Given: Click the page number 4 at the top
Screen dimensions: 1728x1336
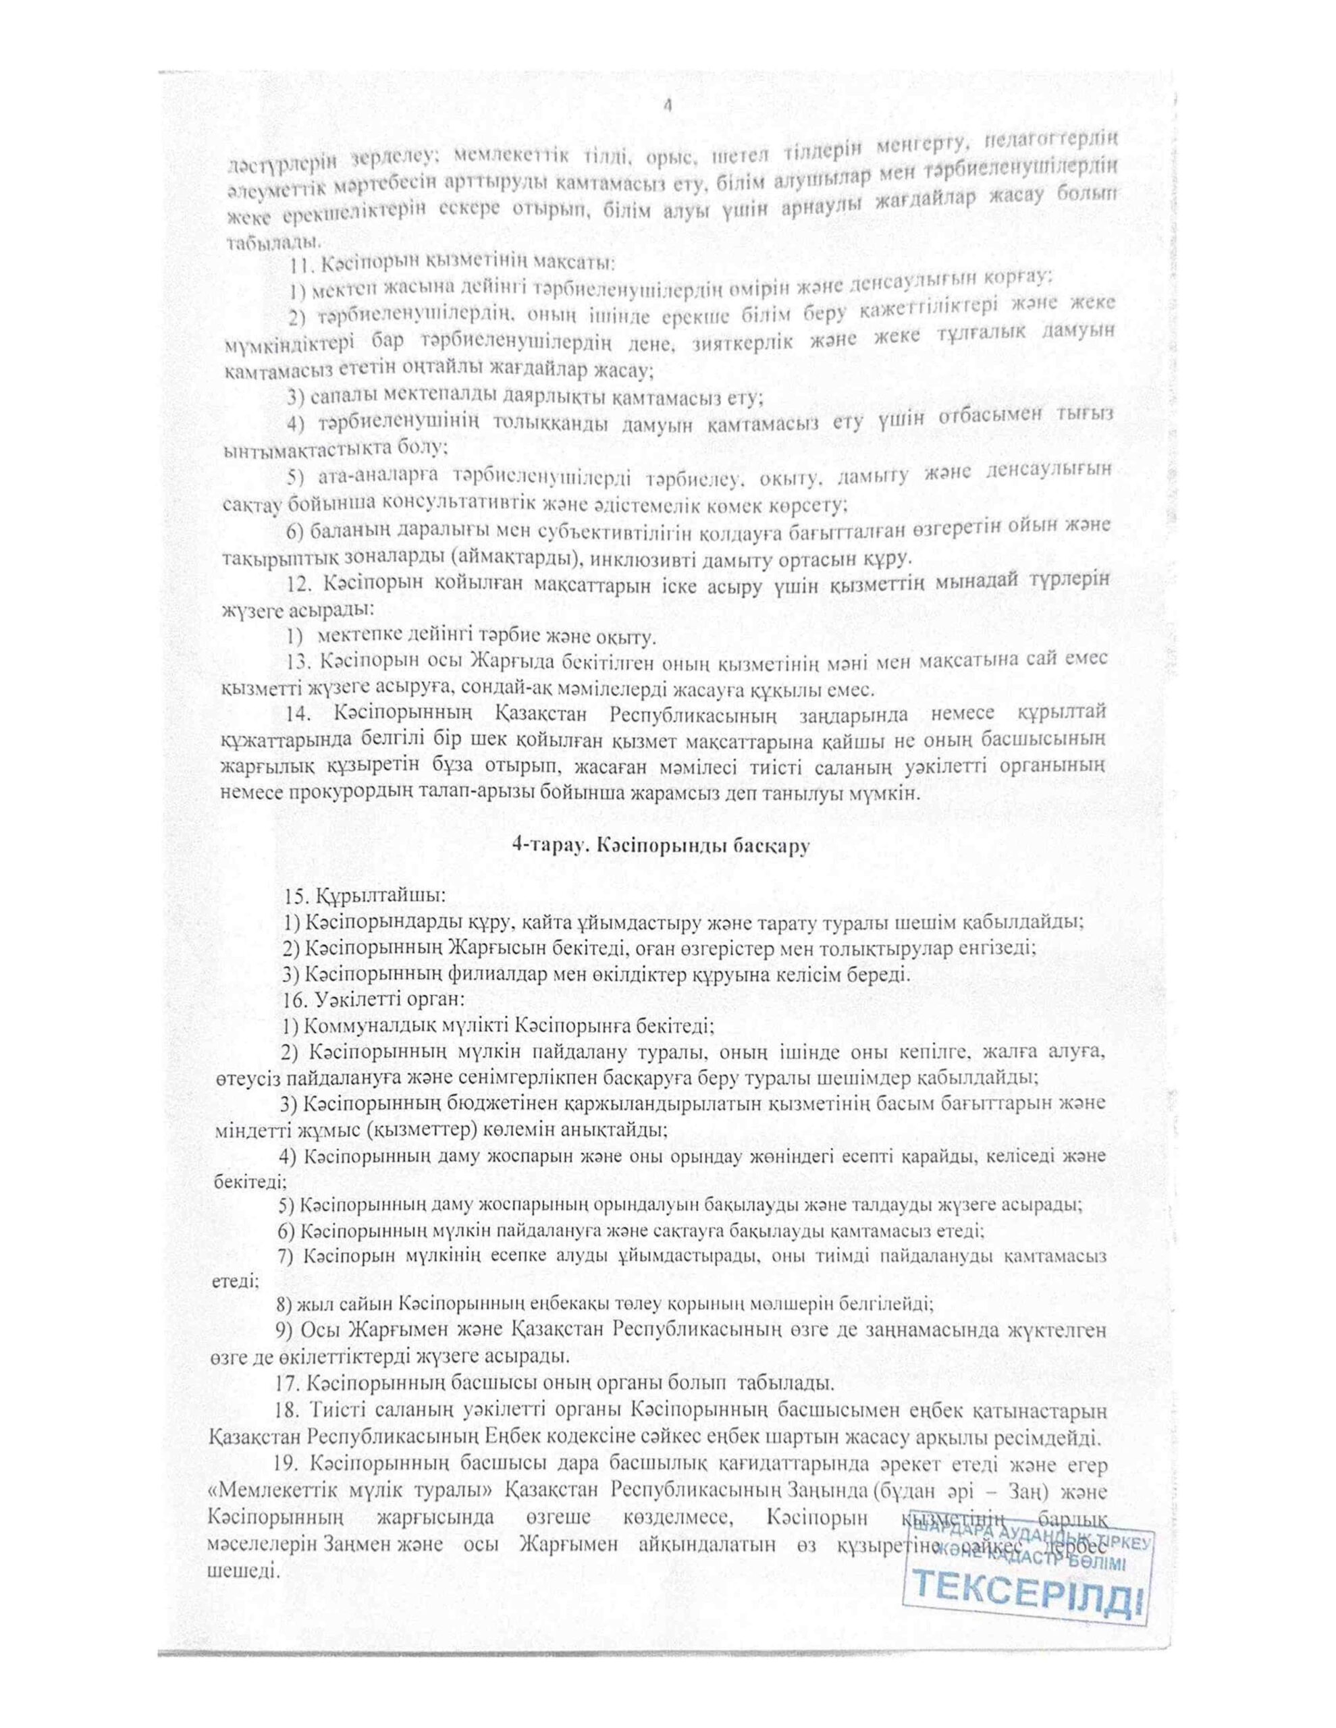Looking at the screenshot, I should tap(666, 107).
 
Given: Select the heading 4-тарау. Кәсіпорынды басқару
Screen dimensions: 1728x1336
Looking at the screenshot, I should tap(662, 845).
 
